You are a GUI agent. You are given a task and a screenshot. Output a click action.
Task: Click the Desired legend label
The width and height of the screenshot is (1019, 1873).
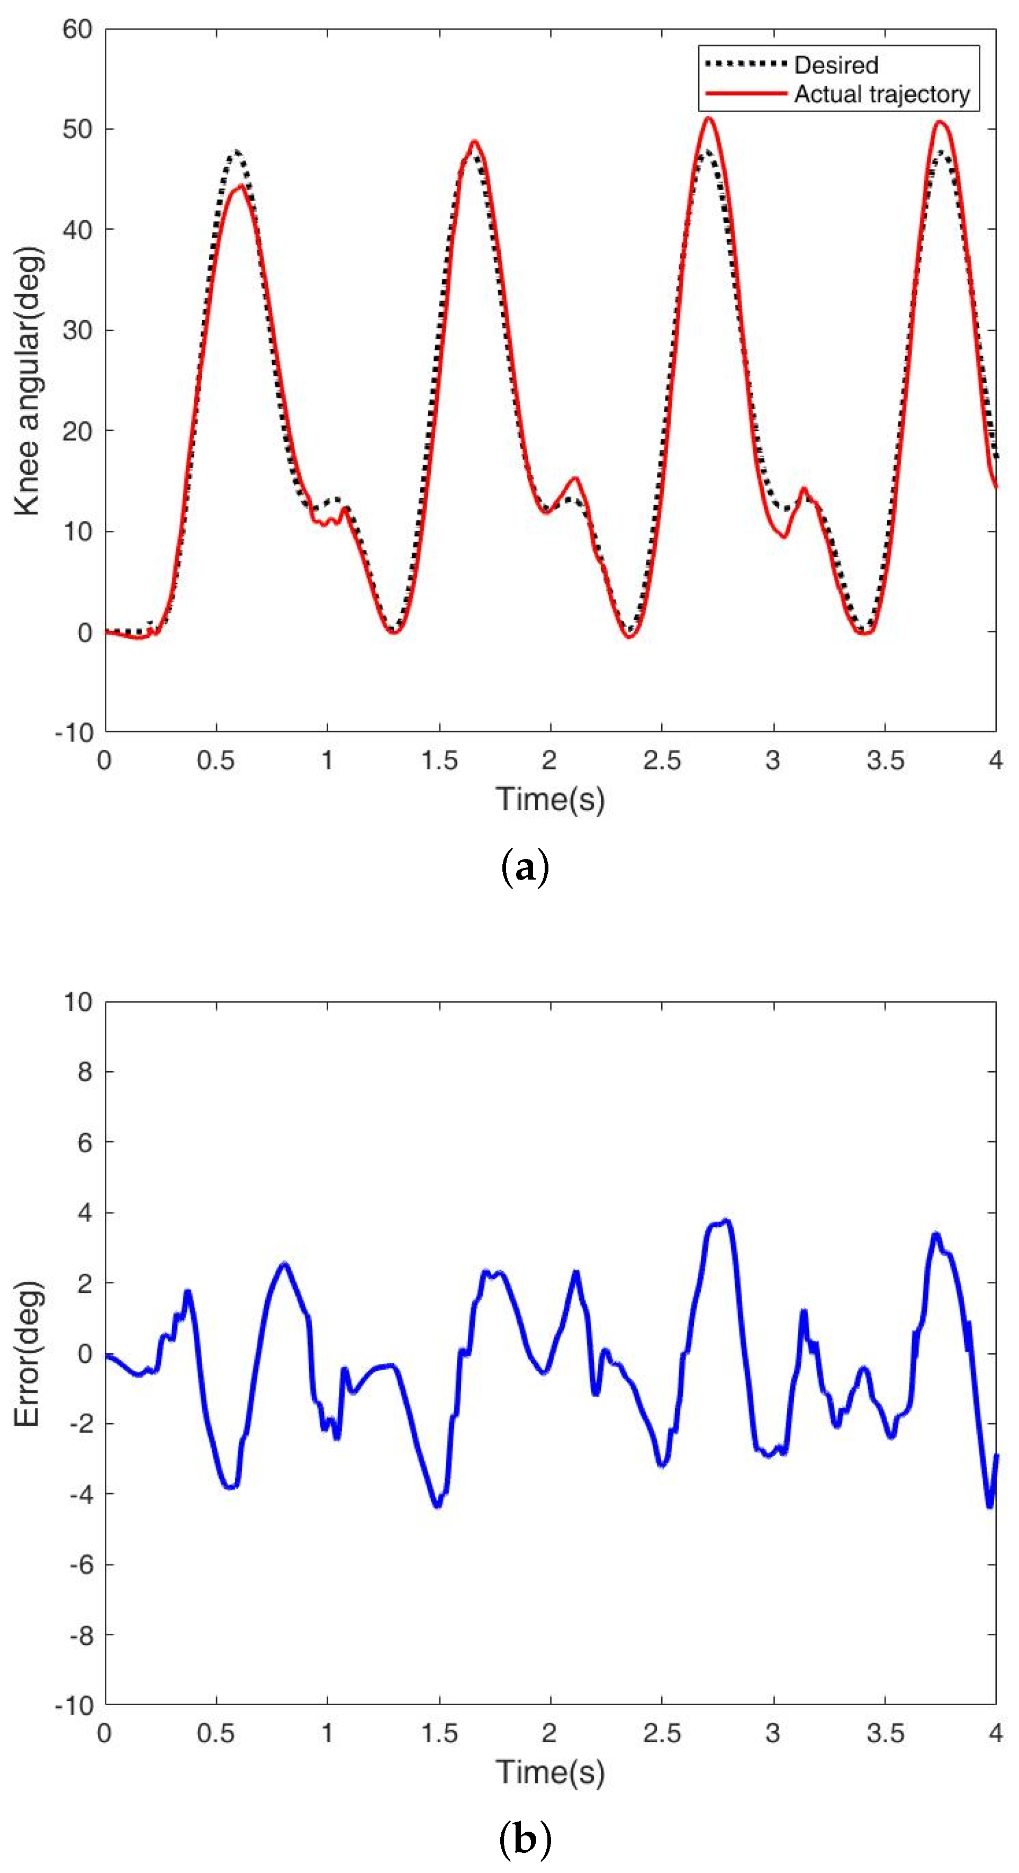coord(836,66)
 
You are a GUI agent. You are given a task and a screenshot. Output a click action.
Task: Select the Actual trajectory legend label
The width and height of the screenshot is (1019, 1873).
coord(881,95)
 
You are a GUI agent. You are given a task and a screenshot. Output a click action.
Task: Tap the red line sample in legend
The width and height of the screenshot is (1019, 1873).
coord(745,94)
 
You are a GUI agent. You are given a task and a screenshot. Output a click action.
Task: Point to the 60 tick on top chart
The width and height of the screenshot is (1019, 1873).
coord(77,30)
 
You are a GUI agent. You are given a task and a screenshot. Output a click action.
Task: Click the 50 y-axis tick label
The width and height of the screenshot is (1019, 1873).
coord(77,130)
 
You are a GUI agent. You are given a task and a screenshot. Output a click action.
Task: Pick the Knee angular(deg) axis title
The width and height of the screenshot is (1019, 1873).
coord(28,381)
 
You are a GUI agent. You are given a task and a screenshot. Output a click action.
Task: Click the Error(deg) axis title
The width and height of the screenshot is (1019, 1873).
coord(28,1353)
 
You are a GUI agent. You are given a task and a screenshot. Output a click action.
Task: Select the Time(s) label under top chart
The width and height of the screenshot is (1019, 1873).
coord(550,799)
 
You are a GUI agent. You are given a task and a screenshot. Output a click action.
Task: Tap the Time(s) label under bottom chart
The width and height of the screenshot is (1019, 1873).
coord(550,1772)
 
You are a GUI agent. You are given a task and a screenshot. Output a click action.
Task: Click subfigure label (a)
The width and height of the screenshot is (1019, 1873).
coord(525,867)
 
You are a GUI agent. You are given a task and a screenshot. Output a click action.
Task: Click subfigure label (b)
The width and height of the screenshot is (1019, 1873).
coord(525,1840)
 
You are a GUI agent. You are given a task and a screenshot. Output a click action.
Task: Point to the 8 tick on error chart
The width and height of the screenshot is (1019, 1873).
coord(84,1072)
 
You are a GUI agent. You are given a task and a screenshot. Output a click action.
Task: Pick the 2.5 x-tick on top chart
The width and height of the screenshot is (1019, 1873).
coord(661,761)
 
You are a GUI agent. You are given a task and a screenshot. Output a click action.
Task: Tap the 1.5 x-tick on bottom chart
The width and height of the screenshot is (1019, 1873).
coord(439,1733)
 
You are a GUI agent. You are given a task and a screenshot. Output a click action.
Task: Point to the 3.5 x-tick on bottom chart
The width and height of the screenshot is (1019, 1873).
coord(885,1733)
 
